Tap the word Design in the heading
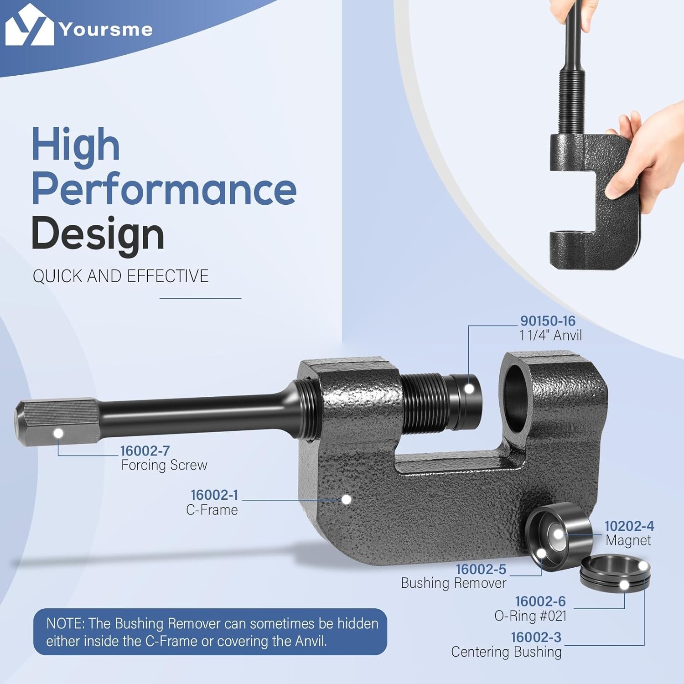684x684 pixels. [98, 234]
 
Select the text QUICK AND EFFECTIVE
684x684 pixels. [120, 276]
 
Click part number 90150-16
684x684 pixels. [548, 321]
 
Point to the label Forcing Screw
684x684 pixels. [164, 465]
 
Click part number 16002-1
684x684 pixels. [214, 495]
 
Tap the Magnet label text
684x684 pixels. [628, 540]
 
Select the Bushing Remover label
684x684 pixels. [453, 583]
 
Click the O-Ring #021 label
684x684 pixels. [530, 616]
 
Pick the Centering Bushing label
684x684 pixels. [506, 652]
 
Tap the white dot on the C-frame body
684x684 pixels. [346, 499]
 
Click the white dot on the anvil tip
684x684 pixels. [468, 389]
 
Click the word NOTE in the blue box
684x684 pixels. [65, 623]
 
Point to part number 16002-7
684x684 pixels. [145, 451]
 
